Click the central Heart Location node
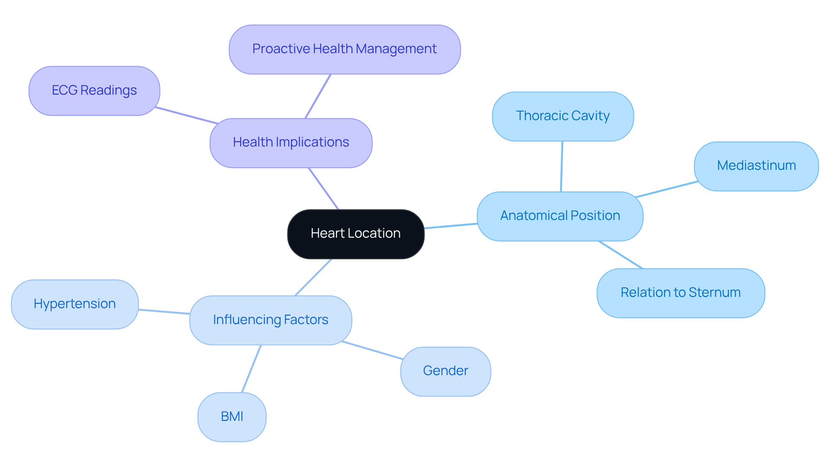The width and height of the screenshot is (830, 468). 355,234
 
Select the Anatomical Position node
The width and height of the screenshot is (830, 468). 560,216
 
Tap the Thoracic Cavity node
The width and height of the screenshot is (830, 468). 562,116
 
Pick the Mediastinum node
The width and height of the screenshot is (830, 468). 756,166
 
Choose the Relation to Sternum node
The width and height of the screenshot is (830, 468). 680,293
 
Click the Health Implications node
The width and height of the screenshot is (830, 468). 290,143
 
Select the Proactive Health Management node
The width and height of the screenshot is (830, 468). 344,49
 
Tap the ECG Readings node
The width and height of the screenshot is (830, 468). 94,91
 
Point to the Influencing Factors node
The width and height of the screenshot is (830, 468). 270,320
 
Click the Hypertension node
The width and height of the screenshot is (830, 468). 74,304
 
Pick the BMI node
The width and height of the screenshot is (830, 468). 232,417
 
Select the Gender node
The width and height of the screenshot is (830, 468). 445,371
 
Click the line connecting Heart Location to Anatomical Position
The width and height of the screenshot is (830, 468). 451,226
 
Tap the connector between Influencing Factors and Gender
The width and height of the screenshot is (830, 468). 372,350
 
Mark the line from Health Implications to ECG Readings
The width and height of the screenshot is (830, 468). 187,115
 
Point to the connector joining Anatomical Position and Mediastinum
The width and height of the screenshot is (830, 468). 667,189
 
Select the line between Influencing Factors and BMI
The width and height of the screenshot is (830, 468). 251,369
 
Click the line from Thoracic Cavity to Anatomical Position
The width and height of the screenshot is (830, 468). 562,166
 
